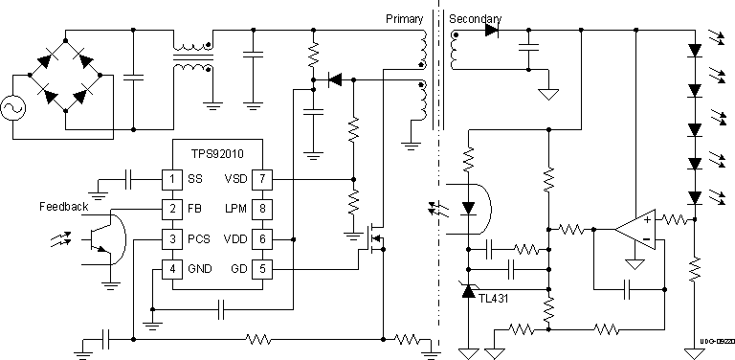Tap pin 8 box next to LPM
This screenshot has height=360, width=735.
261,208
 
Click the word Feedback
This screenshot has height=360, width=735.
64,207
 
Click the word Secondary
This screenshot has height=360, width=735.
475,19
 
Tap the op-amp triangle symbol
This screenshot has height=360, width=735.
633,231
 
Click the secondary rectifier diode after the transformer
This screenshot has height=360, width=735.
491,31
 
